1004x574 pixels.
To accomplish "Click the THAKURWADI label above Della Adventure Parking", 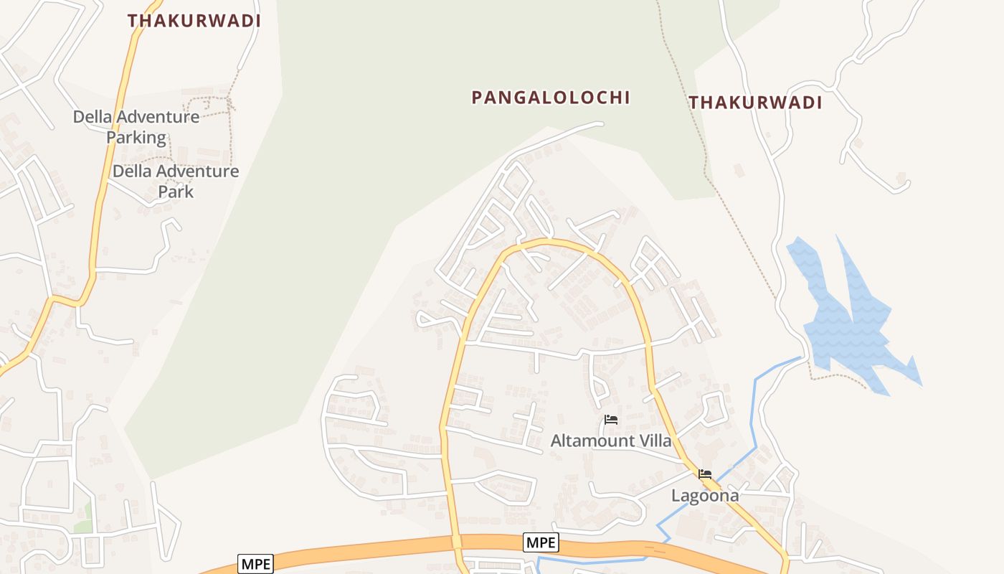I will pyautogui.click(x=194, y=21).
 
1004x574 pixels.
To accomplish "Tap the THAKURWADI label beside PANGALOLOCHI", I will pyautogui.click(x=755, y=103).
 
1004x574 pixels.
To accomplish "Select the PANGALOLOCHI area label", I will pyautogui.click(x=551, y=98).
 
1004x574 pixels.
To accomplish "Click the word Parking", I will pyautogui.click(x=136, y=137).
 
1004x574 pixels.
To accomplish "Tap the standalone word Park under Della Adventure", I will pyautogui.click(x=176, y=192).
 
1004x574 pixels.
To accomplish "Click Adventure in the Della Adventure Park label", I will pyautogui.click(x=196, y=171).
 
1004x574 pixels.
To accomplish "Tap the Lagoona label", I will pyautogui.click(x=705, y=495).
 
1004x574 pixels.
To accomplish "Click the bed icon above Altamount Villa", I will pyautogui.click(x=611, y=420).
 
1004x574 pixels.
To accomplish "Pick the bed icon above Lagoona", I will pyautogui.click(x=705, y=474).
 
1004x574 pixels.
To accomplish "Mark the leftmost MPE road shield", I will pyautogui.click(x=256, y=564).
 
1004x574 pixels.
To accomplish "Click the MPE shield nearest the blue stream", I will pyautogui.click(x=541, y=542).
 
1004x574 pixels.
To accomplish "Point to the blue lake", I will pyautogui.click(x=846, y=323).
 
